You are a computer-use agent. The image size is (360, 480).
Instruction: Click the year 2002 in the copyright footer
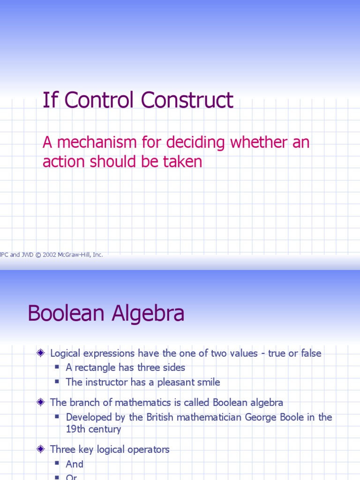(x=49, y=255)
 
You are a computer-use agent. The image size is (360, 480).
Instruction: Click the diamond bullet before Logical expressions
(x=41, y=353)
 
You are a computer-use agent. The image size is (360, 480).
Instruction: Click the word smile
(x=208, y=382)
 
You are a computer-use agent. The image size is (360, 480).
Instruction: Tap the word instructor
(x=105, y=382)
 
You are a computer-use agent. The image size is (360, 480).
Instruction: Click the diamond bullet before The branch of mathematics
(x=41, y=402)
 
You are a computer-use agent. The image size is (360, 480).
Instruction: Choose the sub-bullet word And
(x=75, y=465)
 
